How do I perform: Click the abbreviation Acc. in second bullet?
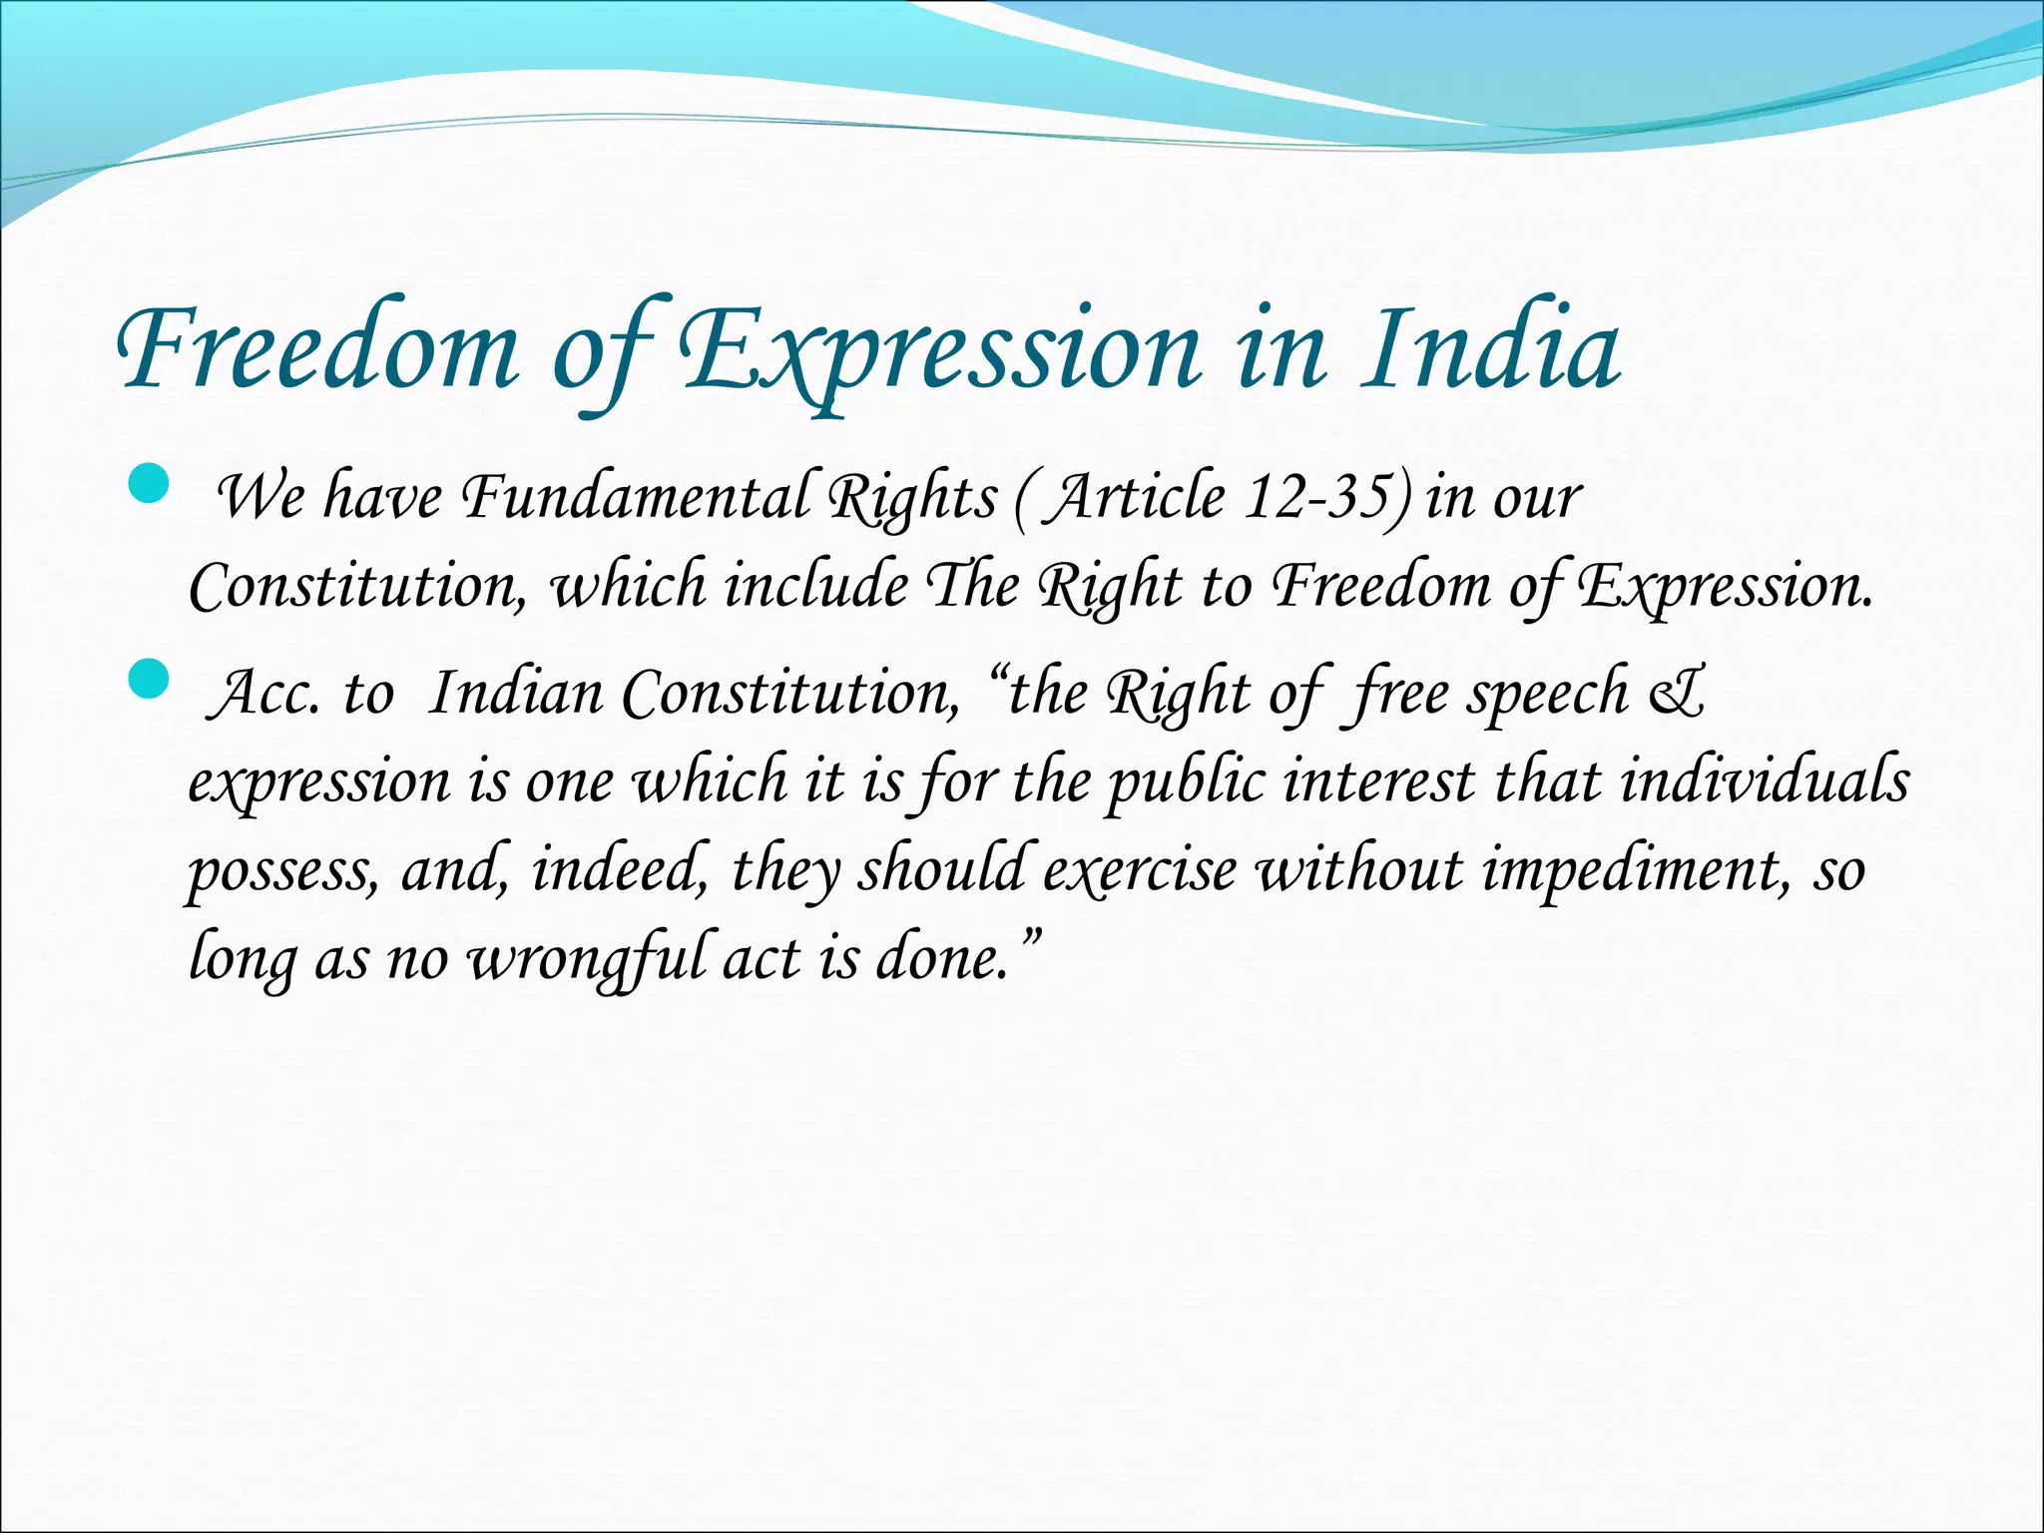point(265,693)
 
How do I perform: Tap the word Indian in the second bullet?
point(515,693)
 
